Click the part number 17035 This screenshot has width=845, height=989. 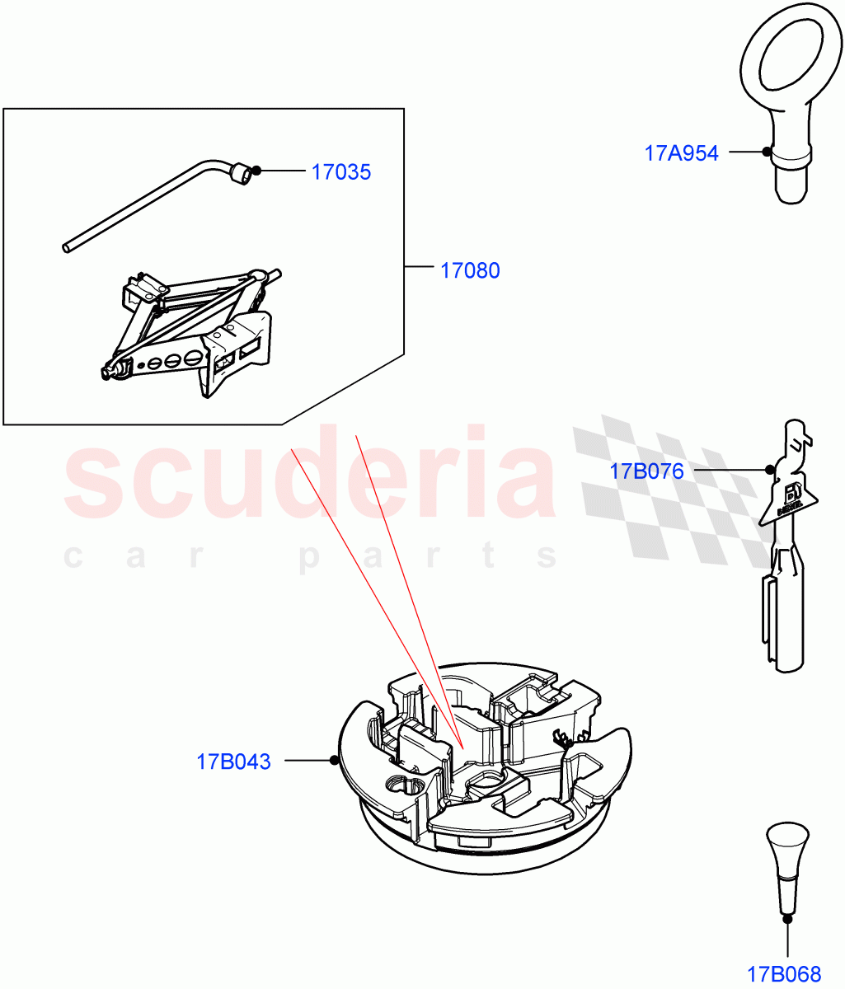pyautogui.click(x=341, y=172)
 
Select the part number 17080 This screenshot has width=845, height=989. pyautogui.click(x=470, y=270)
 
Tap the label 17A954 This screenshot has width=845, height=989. pyautogui.click(x=681, y=152)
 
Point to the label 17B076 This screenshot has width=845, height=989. pyautogui.click(x=647, y=471)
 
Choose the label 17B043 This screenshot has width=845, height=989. pyautogui.click(x=233, y=762)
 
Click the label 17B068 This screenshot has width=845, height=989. pyautogui.click(x=785, y=973)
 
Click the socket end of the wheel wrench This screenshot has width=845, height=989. pyautogui.click(x=241, y=175)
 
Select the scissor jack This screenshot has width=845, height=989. pyautogui.click(x=194, y=330)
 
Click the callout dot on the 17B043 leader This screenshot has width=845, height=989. pyautogui.click(x=334, y=760)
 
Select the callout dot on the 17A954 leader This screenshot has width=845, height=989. pyautogui.click(x=768, y=152)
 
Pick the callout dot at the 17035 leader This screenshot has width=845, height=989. pyautogui.click(x=257, y=171)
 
